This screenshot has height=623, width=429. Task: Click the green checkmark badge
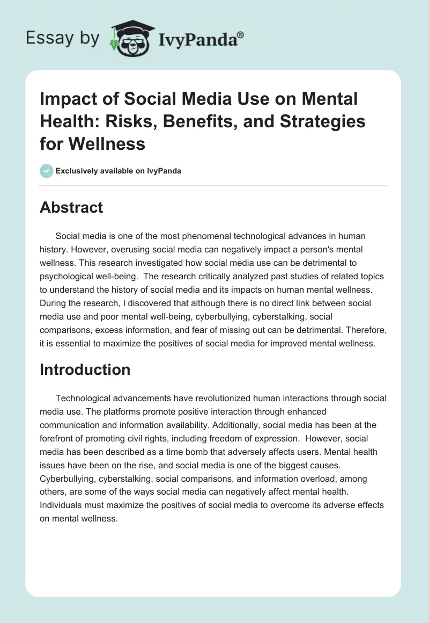point(46,171)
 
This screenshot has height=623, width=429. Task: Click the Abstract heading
point(71,207)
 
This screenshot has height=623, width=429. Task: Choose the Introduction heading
point(85,370)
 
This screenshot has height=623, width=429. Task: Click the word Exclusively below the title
point(79,171)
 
